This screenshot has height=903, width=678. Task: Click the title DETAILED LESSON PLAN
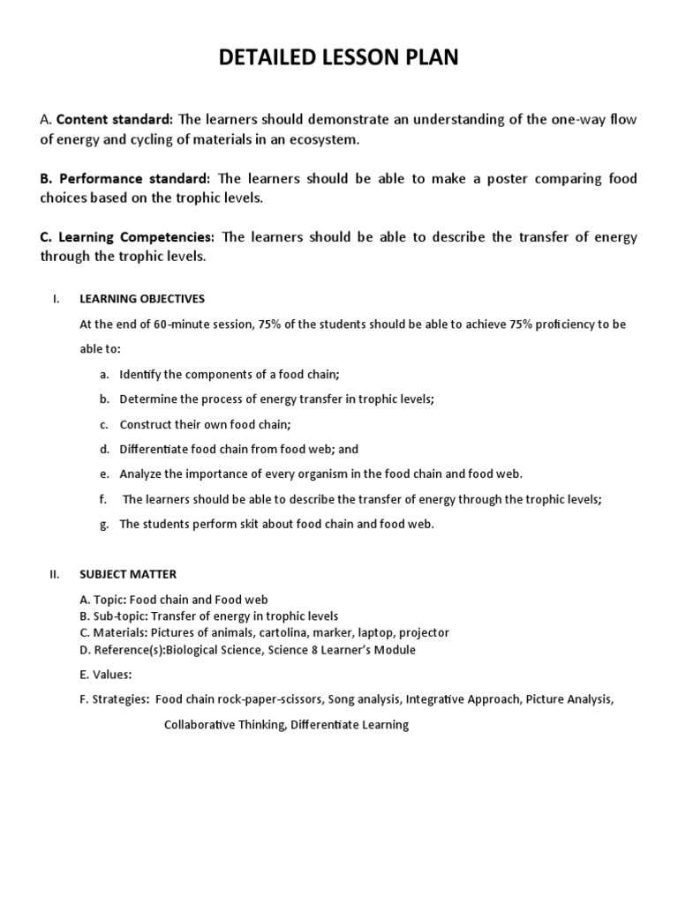[339, 59]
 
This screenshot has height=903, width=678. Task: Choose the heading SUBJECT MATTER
[128, 574]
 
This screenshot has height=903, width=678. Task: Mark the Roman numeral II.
[55, 574]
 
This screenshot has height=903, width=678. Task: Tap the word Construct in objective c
[145, 424]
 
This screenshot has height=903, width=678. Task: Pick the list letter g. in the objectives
[104, 524]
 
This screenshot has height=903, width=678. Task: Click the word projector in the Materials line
[424, 633]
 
